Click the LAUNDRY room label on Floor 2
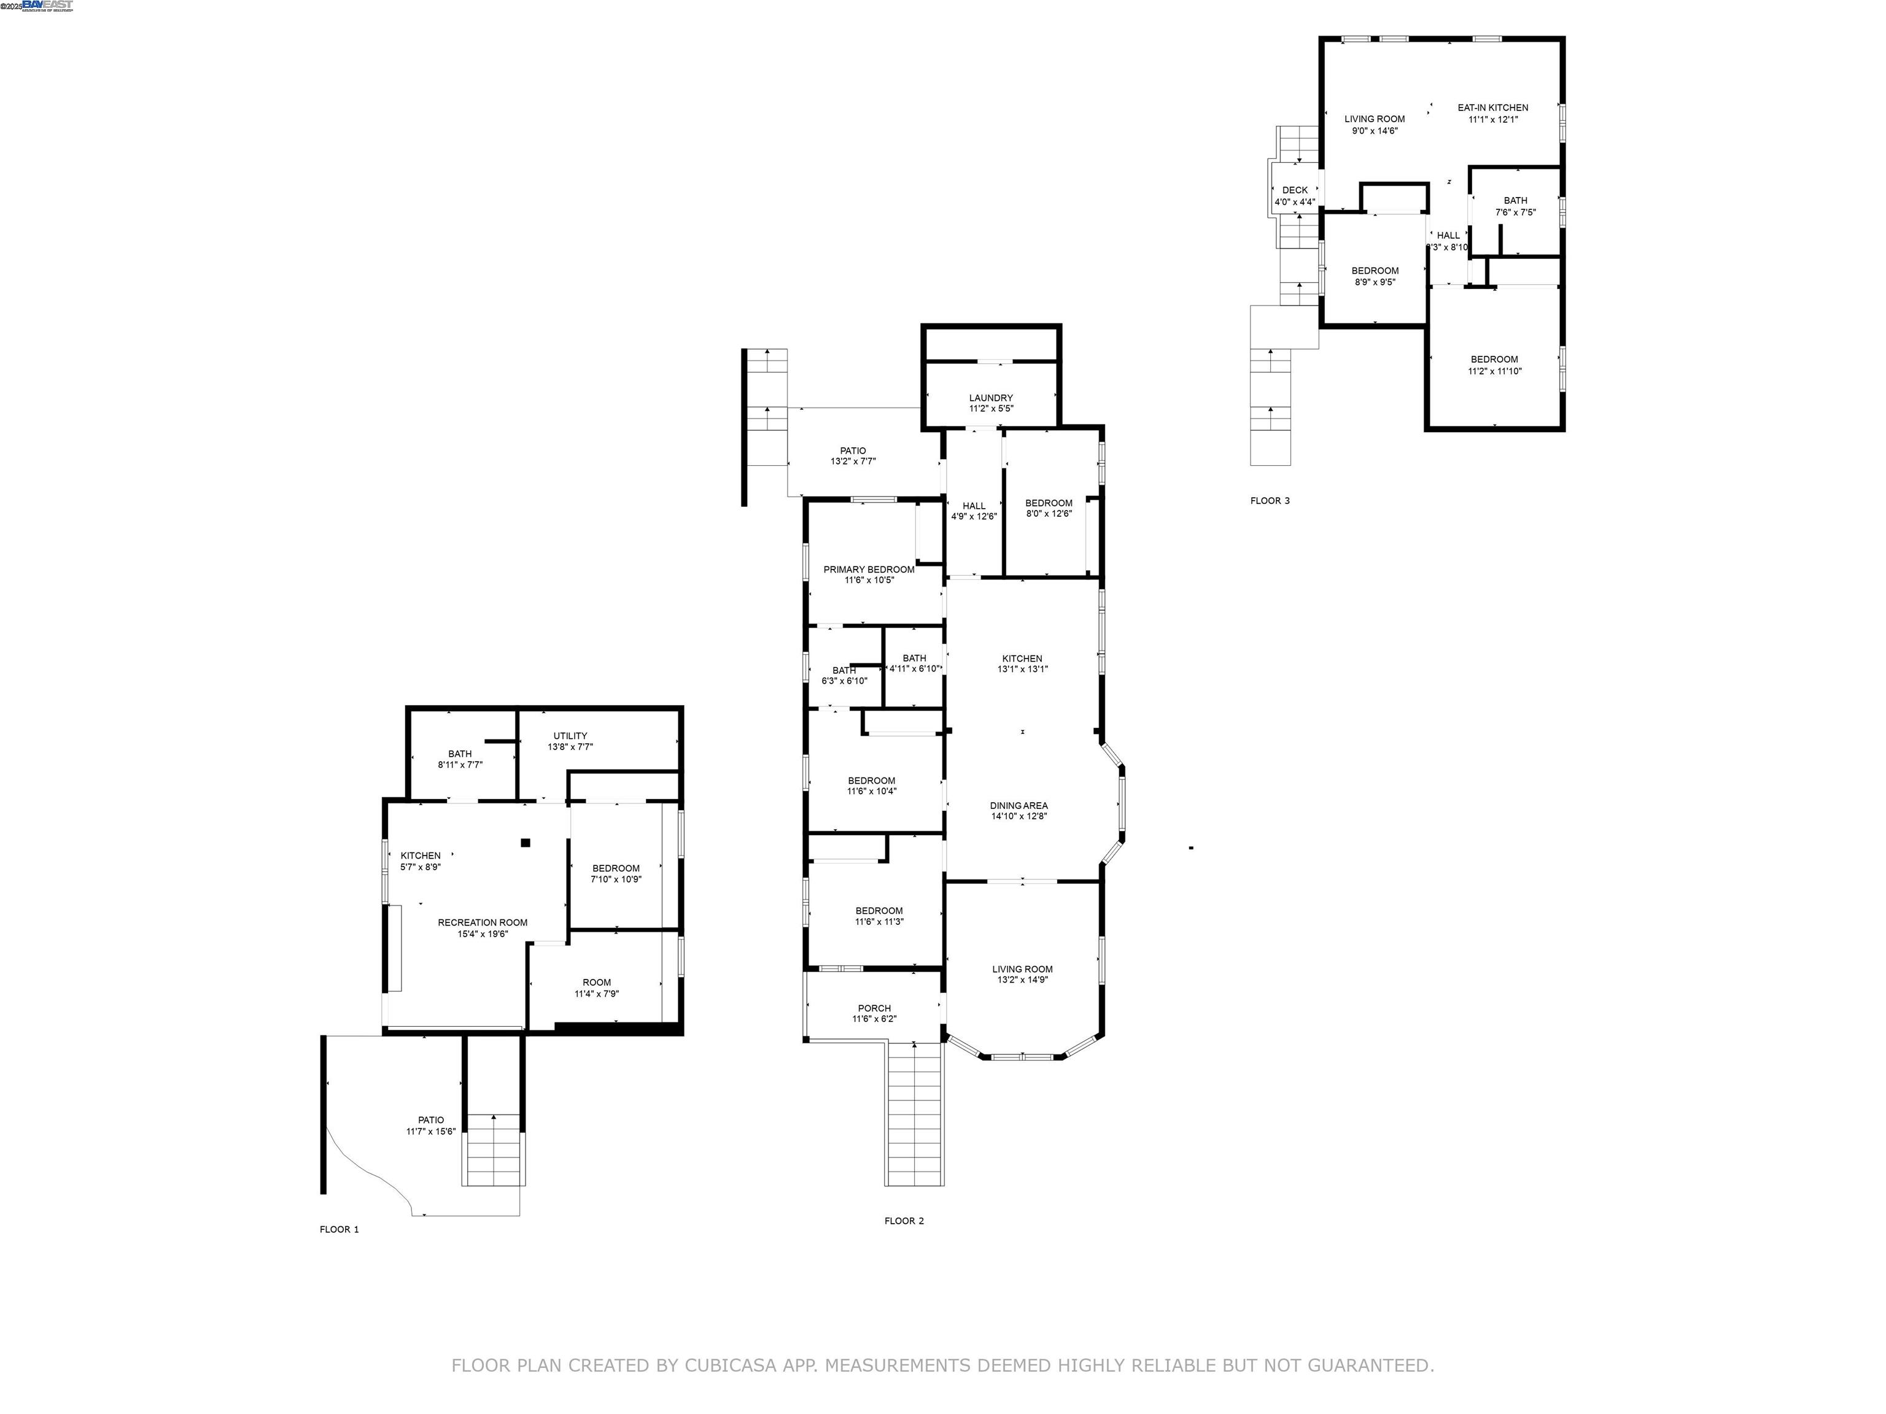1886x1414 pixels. click(991, 398)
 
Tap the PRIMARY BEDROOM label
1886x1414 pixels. click(869, 570)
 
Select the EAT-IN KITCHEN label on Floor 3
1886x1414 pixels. click(1493, 107)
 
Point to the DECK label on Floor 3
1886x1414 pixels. click(1294, 190)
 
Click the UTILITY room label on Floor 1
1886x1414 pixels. click(570, 736)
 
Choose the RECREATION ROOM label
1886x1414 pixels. click(483, 922)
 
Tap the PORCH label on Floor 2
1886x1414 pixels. click(874, 1008)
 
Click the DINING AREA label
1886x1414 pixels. click(1019, 805)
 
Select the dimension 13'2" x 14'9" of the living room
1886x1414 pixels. click(1022, 980)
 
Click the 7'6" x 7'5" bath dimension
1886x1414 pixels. click(1515, 212)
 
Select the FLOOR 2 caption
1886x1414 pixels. click(904, 1221)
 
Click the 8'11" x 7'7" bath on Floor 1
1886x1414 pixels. click(460, 759)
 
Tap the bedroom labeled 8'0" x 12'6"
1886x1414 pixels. click(1049, 508)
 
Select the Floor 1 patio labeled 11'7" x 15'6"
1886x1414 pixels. click(430, 1125)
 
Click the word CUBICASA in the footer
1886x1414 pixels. click(730, 1366)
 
